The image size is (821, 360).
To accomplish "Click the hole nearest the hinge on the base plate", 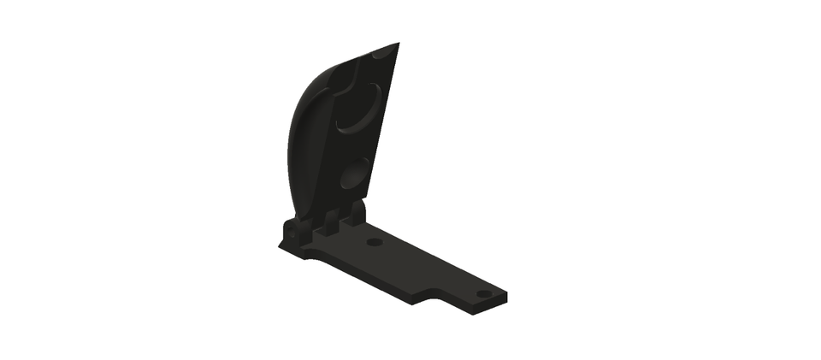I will coord(374,242).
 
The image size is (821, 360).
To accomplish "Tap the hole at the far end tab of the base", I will coord(484,293).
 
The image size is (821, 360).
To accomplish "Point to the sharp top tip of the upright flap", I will coord(398,43).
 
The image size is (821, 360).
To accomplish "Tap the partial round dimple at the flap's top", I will coord(384,52).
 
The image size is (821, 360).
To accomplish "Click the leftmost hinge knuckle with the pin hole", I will coord(294,230).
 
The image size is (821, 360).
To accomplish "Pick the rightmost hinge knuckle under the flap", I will coord(355,215).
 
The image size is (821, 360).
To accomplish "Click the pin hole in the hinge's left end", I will coord(291,232).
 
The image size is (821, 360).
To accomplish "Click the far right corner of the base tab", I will coord(506,297).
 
